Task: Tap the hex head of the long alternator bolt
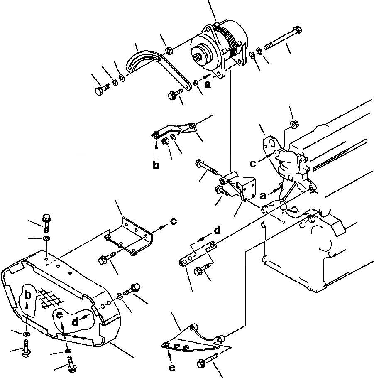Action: click(296, 31)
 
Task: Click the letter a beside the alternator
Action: click(208, 84)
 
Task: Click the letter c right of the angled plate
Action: click(174, 221)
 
